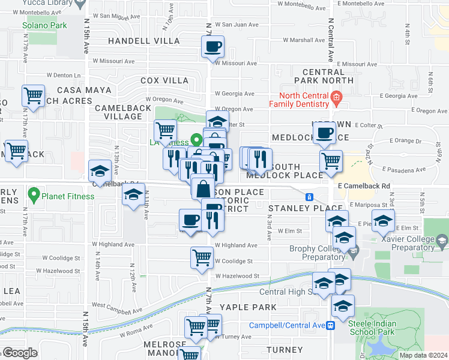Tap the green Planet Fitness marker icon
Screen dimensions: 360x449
(34, 196)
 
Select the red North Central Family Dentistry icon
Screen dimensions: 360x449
(336, 96)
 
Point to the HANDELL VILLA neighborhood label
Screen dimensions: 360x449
(143, 41)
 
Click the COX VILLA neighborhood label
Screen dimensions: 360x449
(164, 80)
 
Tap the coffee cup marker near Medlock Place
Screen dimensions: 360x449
(324, 133)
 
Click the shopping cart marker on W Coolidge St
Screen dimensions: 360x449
(202, 257)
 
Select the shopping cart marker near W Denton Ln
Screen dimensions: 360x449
(33, 95)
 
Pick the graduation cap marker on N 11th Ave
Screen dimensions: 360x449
(134, 194)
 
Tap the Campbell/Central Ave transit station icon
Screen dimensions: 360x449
(330, 325)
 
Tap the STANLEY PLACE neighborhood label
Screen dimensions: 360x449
(297, 208)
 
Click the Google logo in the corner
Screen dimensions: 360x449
(19, 353)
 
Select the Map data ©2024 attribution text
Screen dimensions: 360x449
(423, 355)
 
